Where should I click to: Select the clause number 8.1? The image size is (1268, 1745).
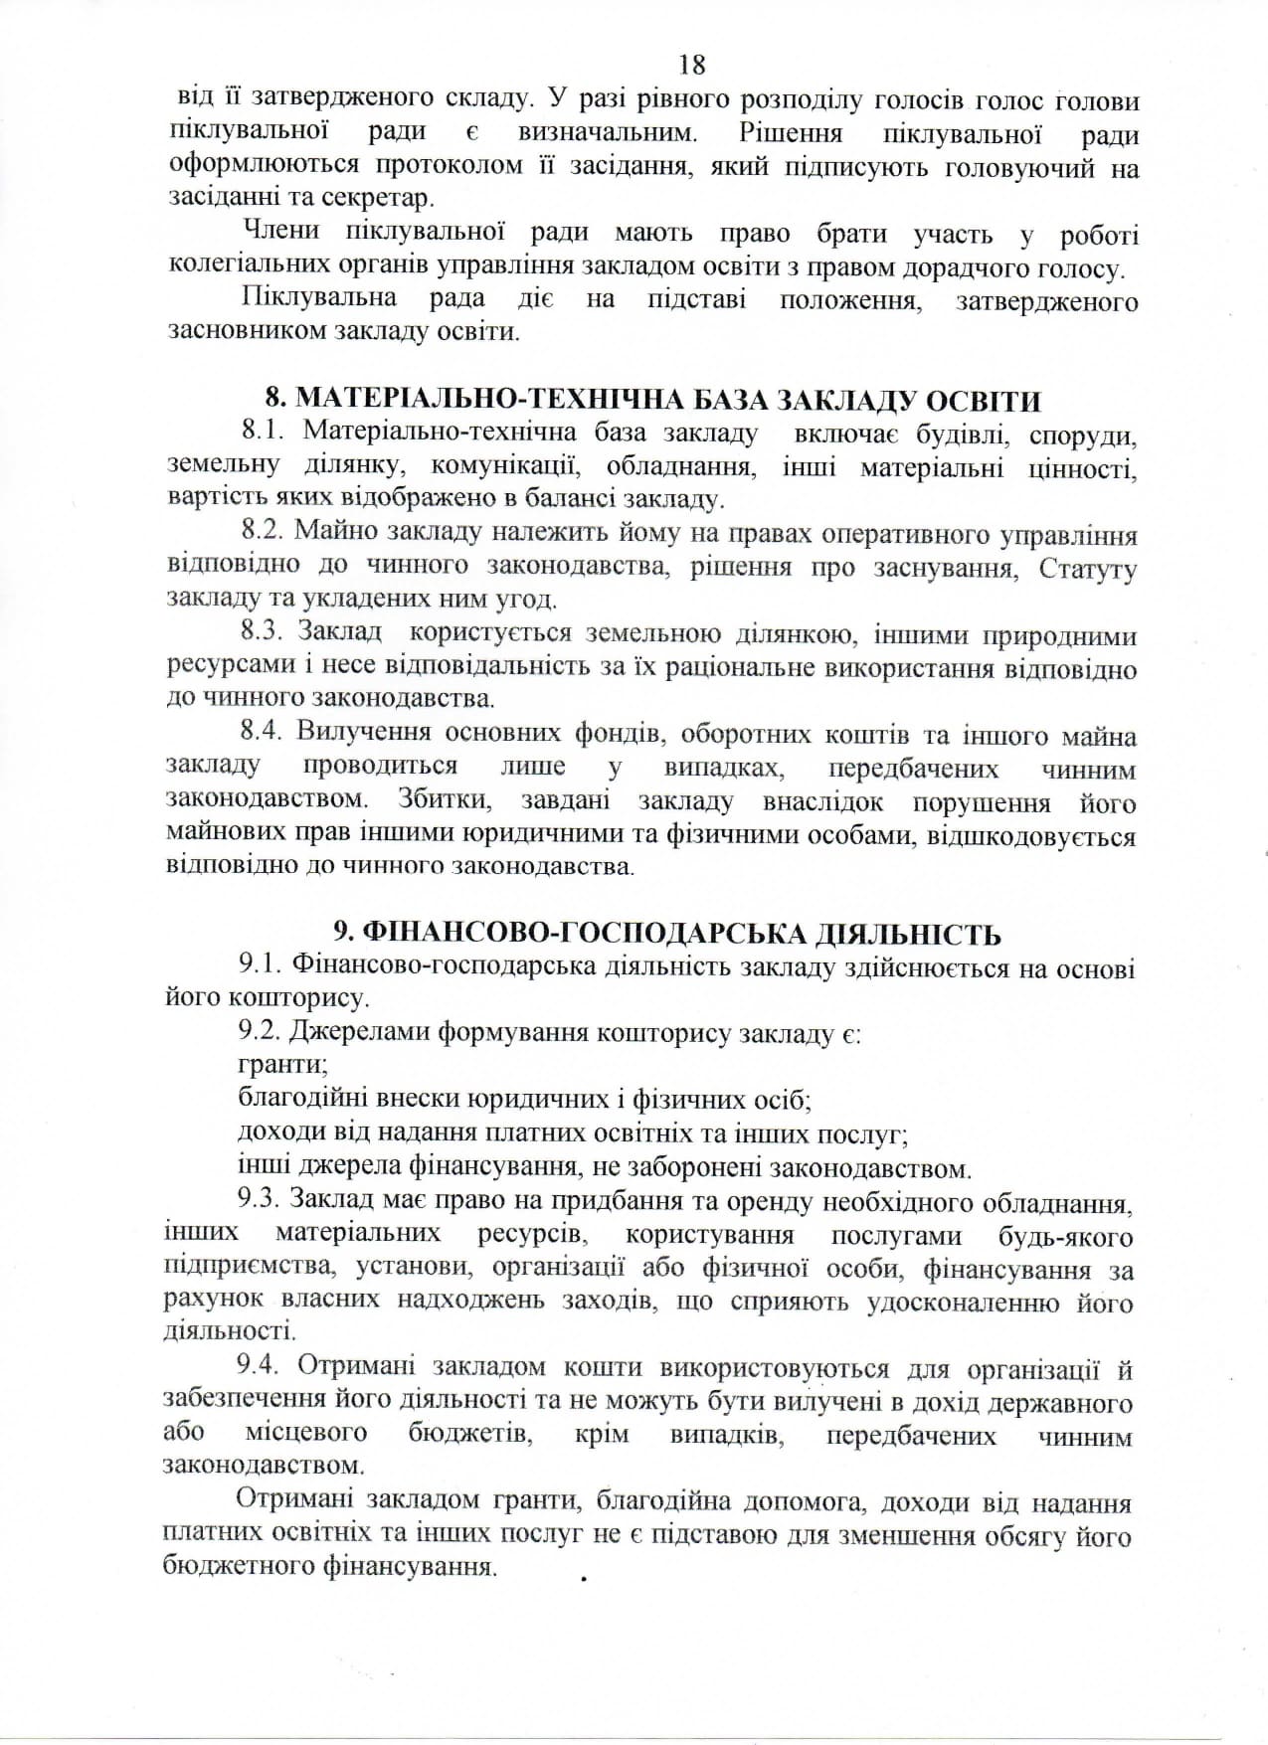tap(264, 434)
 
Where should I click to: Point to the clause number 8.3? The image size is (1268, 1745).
tap(263, 633)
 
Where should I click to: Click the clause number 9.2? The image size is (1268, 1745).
tap(261, 1033)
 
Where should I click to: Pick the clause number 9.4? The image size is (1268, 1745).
tap(263, 1369)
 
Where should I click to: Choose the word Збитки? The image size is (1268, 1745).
tap(439, 801)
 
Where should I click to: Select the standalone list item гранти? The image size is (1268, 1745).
tap(282, 1066)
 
